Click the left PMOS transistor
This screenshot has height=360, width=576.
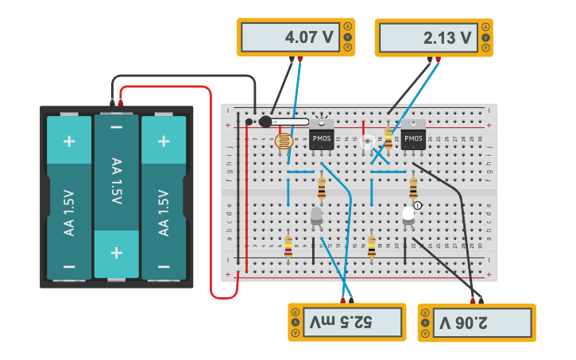click(322, 136)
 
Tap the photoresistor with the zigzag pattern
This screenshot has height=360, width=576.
click(283, 142)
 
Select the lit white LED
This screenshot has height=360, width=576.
click(408, 215)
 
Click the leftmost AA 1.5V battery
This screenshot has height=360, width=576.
click(69, 197)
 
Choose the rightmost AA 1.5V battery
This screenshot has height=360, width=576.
click(164, 197)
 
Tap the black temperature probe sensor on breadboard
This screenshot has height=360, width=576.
click(266, 122)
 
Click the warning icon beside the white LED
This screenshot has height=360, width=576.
click(418, 206)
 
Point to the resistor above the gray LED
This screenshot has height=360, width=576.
click(321, 188)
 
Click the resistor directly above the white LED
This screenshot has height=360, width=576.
click(413, 188)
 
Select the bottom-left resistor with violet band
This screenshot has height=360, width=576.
click(288, 246)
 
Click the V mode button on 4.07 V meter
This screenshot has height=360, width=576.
click(347, 37)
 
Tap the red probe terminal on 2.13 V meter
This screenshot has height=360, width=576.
click(438, 59)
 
